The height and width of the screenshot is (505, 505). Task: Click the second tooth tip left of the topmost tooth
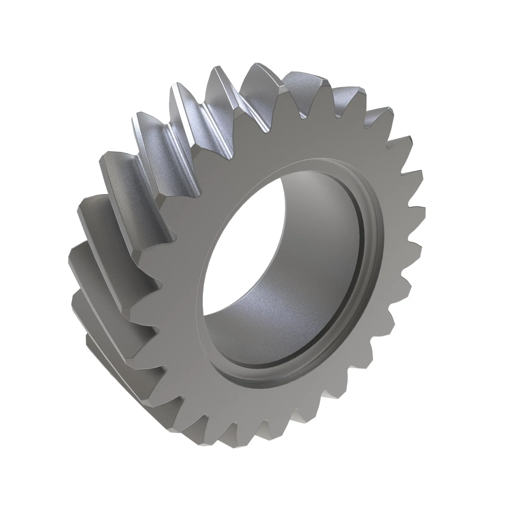[174, 86]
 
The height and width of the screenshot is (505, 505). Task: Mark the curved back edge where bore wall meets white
[280, 235]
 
